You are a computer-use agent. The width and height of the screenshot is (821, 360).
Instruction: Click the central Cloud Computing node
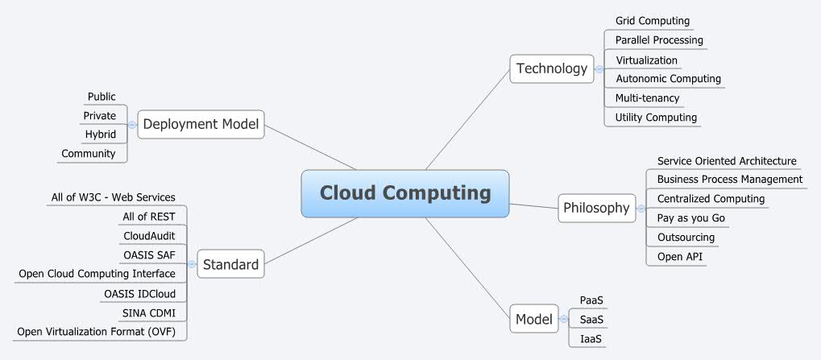click(404, 193)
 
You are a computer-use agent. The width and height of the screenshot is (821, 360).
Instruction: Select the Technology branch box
click(552, 68)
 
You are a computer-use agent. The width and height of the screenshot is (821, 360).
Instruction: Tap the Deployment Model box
click(201, 124)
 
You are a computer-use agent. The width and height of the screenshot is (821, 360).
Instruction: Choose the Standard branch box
click(230, 264)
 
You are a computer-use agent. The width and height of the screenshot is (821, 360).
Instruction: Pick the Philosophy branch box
click(596, 208)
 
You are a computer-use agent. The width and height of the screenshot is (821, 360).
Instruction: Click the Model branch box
click(534, 320)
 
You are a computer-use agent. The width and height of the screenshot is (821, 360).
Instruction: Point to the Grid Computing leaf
click(653, 21)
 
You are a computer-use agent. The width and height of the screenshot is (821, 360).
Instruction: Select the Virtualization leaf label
click(646, 60)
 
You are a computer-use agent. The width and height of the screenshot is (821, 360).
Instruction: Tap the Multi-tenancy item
click(647, 98)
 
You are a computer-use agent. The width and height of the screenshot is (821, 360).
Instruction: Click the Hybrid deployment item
click(101, 134)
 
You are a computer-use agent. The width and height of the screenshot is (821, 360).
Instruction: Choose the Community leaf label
click(89, 153)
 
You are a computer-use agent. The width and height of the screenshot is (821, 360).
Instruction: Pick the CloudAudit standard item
click(149, 235)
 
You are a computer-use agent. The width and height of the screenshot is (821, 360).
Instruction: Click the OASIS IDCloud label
click(139, 293)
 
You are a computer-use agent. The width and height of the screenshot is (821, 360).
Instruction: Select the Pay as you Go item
click(691, 217)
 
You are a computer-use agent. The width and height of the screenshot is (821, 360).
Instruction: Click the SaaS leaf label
click(591, 320)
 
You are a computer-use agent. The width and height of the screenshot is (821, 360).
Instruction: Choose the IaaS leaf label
click(591, 339)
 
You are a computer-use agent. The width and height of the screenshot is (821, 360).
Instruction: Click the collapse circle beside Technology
click(599, 69)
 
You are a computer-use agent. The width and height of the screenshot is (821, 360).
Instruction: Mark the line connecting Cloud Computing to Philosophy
click(534, 205)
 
